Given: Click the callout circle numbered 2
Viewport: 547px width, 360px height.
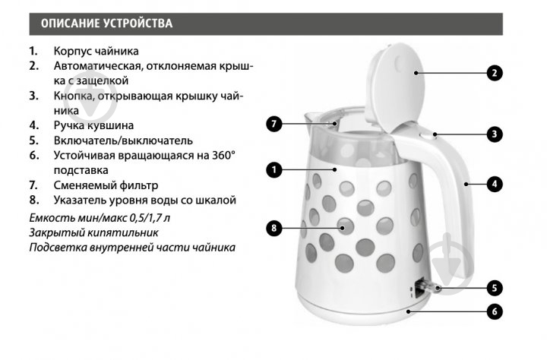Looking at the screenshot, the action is [x=495, y=73].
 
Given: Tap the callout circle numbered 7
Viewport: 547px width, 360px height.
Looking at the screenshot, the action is [x=273, y=124].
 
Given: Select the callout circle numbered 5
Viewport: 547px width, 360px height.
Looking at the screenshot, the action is [x=495, y=288].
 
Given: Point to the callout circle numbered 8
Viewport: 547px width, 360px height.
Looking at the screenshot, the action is [x=273, y=228].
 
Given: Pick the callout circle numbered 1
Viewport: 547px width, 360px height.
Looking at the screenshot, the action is [x=273, y=170].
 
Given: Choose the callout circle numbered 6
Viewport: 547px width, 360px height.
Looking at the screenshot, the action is [x=495, y=311].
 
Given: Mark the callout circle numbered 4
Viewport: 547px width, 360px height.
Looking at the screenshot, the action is [x=495, y=184].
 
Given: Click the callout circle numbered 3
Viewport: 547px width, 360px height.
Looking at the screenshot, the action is [x=495, y=134].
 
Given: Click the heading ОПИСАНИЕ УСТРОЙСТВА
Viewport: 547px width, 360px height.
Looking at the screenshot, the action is [x=107, y=24].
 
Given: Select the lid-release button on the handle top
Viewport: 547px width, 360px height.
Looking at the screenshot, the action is [x=427, y=134].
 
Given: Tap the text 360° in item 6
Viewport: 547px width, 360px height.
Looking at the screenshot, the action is [x=223, y=155].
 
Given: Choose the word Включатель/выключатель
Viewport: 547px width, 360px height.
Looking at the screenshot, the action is [x=123, y=141].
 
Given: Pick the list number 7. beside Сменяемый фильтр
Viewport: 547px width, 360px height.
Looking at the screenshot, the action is [x=33, y=185].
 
